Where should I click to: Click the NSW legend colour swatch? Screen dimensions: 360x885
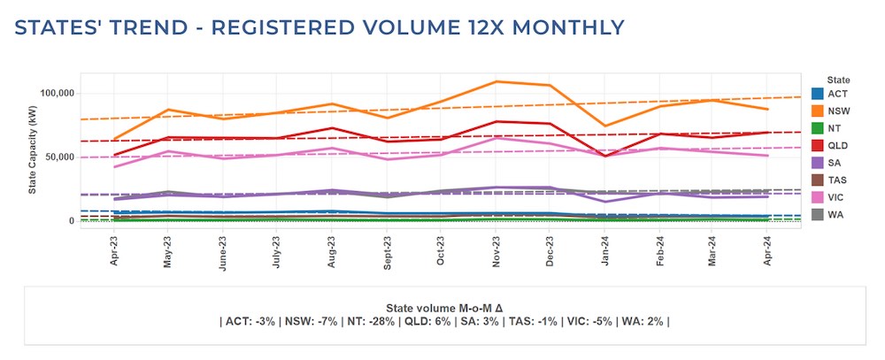click(818, 111)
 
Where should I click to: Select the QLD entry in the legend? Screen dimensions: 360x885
click(818, 145)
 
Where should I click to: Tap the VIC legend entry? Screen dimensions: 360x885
click(818, 196)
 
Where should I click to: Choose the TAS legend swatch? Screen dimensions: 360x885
click(818, 179)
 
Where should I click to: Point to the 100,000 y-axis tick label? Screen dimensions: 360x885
click(61, 93)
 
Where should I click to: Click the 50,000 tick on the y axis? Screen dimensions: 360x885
click(64, 157)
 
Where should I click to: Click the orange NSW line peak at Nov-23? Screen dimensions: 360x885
click(496, 81)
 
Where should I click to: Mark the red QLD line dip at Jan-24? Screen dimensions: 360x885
click(605, 156)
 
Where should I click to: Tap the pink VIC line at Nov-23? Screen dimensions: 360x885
click(496, 138)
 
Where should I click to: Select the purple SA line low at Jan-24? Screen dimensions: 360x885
click(605, 202)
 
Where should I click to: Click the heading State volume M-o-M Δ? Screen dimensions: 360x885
click(442, 307)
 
